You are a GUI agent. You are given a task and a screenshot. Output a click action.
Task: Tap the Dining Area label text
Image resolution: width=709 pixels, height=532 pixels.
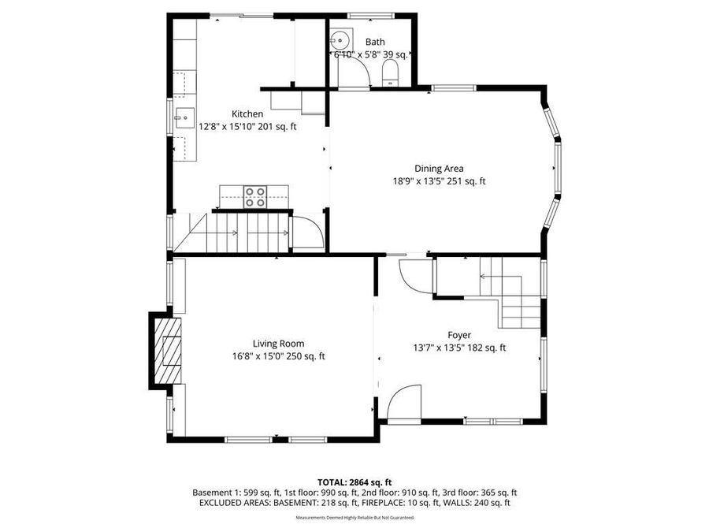point(439,168)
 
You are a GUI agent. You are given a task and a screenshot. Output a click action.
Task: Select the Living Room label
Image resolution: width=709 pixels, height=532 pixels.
point(278,343)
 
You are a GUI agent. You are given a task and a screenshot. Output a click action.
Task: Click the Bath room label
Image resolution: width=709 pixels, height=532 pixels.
point(375,43)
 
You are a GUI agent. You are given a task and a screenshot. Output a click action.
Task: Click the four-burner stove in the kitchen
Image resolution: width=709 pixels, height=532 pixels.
point(254,196)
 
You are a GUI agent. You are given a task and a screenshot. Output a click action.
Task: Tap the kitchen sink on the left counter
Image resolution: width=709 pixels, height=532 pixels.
point(184,119)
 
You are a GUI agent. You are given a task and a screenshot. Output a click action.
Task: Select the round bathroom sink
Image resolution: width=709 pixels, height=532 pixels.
point(340,39)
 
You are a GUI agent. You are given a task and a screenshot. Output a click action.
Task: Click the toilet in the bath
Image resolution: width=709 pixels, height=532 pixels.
point(390,74)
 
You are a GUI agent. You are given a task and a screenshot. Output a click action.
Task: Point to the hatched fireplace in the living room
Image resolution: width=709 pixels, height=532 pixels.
point(167,350)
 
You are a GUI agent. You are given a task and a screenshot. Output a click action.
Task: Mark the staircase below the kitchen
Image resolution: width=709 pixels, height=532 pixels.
point(236,233)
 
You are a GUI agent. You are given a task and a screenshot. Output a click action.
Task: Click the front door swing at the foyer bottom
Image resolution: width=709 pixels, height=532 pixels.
point(403,404)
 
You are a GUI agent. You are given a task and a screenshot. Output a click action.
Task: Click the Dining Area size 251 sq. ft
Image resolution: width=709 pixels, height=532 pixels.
point(466,181)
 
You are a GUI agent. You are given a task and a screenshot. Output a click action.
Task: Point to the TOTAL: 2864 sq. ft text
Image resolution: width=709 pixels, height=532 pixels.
point(354,482)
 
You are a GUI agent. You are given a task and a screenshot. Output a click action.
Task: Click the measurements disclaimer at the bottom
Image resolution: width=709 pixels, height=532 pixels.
point(354,518)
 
